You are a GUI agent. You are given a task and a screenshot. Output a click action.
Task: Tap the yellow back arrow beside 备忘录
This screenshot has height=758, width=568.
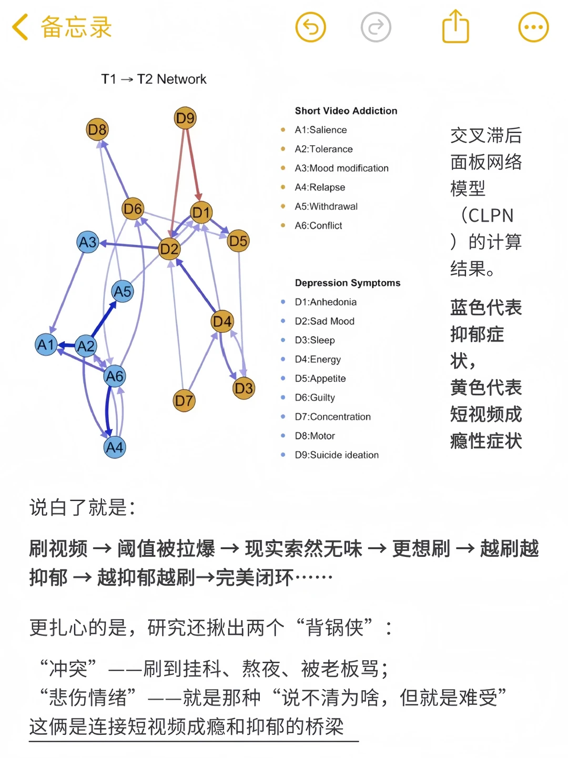(x=21, y=27)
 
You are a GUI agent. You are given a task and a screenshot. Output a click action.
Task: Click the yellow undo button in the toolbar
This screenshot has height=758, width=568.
(x=311, y=27)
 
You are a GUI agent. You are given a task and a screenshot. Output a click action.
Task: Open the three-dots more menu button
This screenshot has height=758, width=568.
(x=533, y=27)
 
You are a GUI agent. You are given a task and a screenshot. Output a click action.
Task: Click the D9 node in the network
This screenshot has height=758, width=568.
(x=185, y=118)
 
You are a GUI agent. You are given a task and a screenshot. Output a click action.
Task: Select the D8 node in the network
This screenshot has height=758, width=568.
(x=97, y=129)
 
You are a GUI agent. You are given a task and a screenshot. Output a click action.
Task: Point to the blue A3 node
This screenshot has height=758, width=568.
(x=88, y=242)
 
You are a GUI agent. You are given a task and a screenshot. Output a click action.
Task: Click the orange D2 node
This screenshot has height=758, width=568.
(x=169, y=248)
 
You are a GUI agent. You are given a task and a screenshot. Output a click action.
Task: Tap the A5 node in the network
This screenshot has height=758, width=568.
(x=123, y=291)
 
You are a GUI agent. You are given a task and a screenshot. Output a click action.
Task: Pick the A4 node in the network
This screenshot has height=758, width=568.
(x=115, y=447)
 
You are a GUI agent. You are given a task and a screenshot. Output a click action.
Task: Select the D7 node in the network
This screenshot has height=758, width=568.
(x=184, y=401)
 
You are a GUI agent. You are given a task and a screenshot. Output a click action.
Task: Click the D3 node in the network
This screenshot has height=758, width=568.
(x=244, y=388)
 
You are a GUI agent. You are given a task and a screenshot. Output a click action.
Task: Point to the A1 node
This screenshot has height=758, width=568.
(x=46, y=345)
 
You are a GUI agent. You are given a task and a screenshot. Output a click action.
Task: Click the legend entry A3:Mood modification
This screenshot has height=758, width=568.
(x=341, y=168)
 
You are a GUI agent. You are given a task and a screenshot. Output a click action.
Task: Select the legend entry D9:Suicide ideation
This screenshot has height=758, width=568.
(x=337, y=455)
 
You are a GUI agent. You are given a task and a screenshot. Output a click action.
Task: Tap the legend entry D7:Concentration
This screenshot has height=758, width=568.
(x=332, y=417)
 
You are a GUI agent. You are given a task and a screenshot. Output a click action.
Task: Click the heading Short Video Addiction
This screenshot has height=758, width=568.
(x=346, y=111)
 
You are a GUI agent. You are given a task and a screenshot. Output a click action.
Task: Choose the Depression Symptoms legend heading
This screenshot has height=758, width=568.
(x=348, y=283)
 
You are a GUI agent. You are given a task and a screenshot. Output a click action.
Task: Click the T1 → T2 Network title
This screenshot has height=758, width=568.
(x=154, y=79)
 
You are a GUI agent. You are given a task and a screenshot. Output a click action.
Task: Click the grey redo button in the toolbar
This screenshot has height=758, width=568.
(x=376, y=27)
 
